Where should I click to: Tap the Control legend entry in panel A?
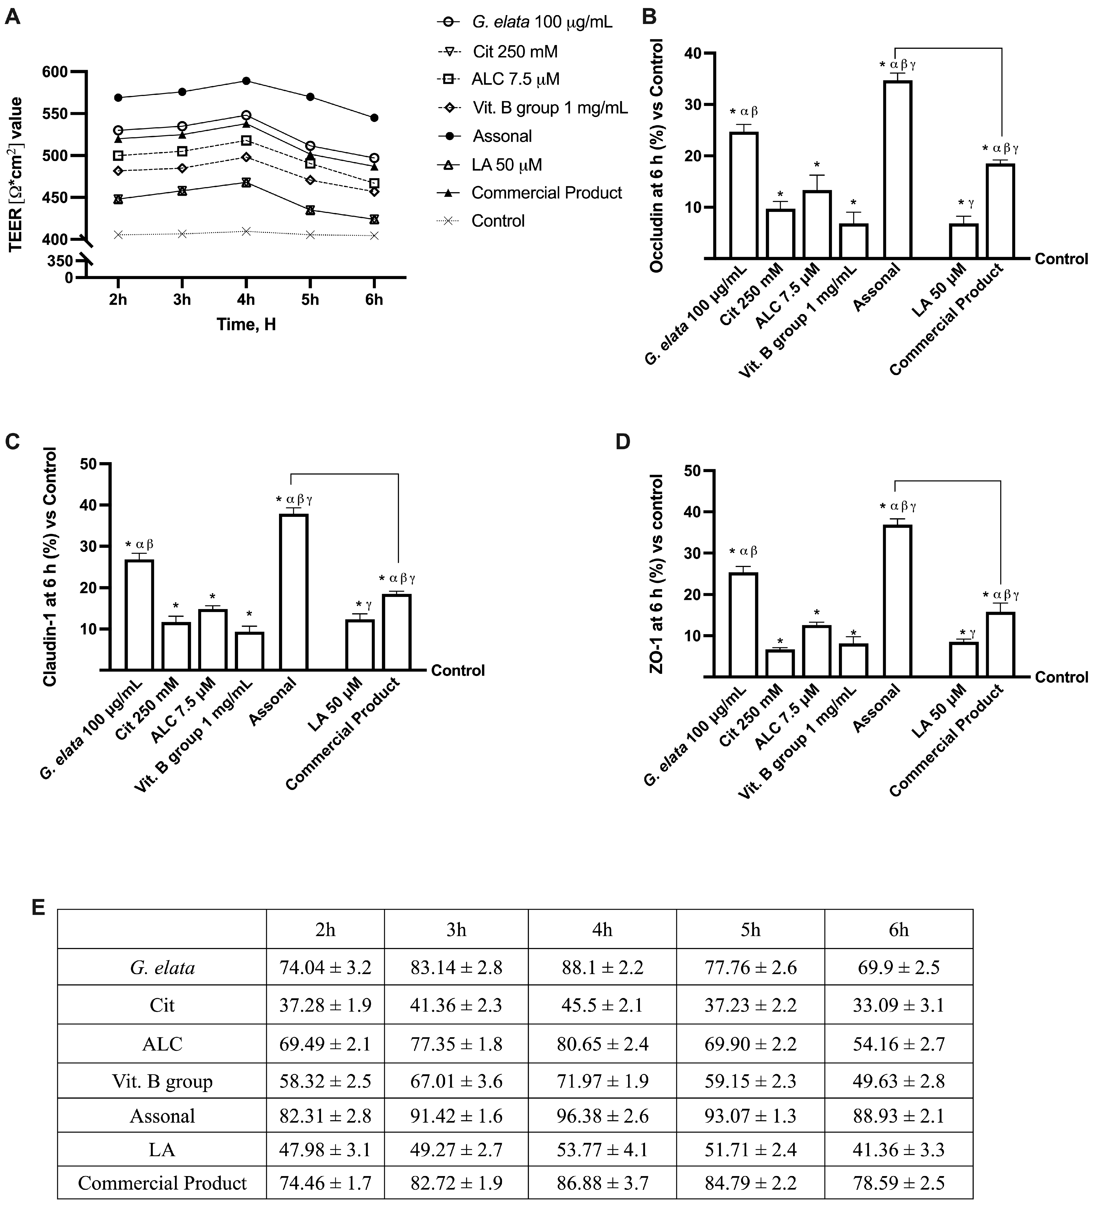click(x=498, y=221)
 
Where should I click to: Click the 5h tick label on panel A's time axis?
click(x=310, y=299)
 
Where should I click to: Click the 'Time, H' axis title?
click(x=246, y=325)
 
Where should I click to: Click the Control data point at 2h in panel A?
click(x=118, y=235)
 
